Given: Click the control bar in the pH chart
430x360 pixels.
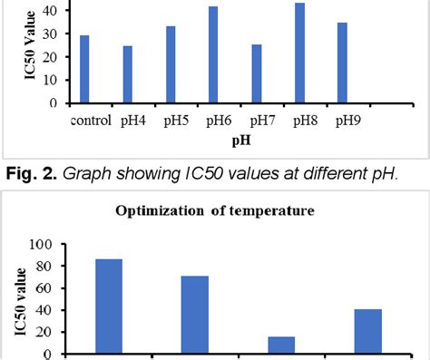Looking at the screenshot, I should (84, 69).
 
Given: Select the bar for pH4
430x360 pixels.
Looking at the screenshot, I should (127, 74).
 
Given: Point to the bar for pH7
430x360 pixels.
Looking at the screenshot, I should (256, 73).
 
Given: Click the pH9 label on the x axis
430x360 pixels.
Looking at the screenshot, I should (347, 120).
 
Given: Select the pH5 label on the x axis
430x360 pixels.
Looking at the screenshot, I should (177, 120).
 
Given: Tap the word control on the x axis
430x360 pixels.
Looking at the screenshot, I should (89, 120).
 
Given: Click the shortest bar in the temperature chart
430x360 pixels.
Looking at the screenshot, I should (281, 345).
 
